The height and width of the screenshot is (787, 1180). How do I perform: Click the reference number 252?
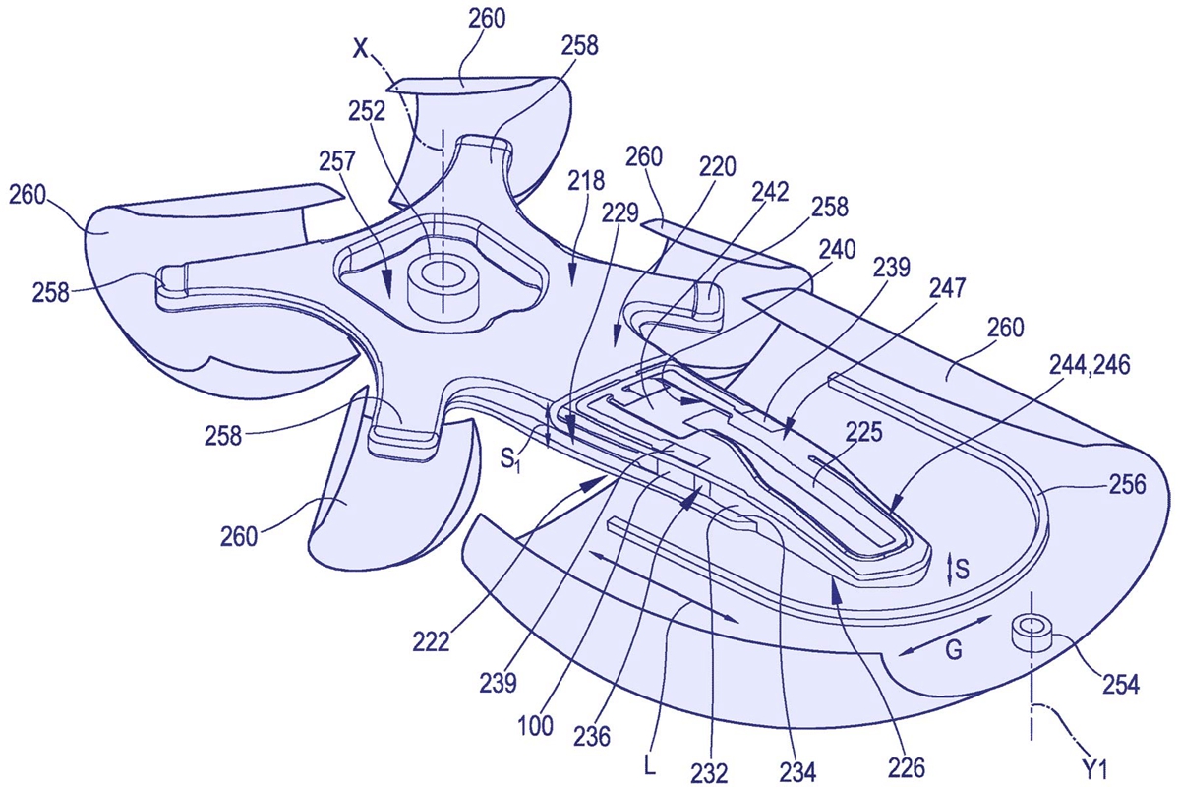pyautogui.click(x=367, y=112)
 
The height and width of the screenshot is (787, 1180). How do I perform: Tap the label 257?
pyautogui.click(x=337, y=162)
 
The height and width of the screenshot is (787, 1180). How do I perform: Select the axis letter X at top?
pyautogui.click(x=360, y=50)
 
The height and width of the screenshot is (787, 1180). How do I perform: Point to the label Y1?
pyautogui.click(x=1095, y=771)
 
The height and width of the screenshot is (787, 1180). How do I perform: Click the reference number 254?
pyautogui.click(x=1120, y=686)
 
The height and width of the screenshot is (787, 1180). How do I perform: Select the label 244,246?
pyautogui.click(x=1090, y=365)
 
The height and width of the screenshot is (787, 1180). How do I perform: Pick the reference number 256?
pyautogui.click(x=1126, y=484)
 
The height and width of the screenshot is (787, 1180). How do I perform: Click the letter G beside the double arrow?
pyautogui.click(x=954, y=651)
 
